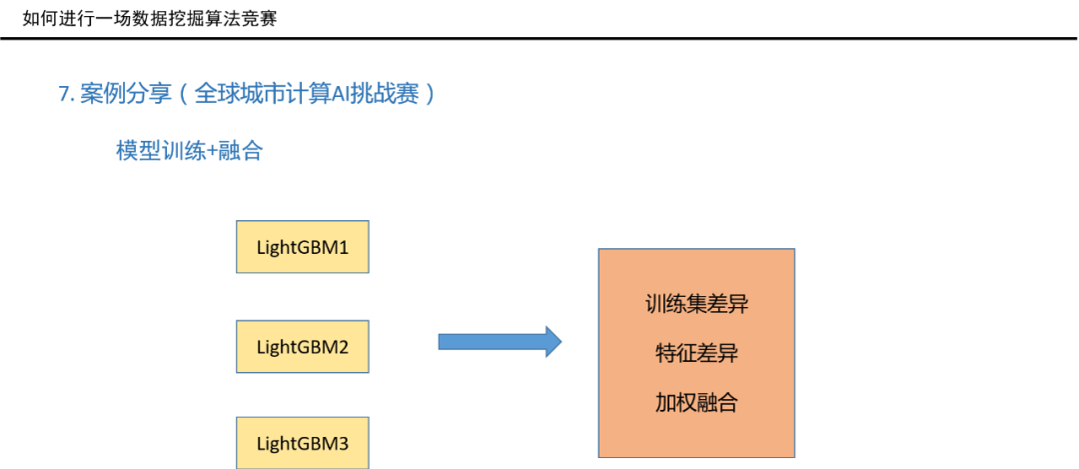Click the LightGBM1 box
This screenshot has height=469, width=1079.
tap(303, 247)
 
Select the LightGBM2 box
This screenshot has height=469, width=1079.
tap(303, 347)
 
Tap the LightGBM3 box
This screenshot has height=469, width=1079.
tap(303, 443)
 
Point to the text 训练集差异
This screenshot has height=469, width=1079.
tap(696, 304)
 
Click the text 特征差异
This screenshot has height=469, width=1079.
tap(696, 354)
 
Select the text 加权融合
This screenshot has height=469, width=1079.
tap(696, 403)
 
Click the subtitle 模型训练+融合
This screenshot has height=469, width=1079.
tap(189, 152)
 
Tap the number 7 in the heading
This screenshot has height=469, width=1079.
tap(63, 95)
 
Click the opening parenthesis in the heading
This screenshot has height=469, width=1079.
tap(184, 95)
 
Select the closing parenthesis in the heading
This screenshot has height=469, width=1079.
tap(430, 95)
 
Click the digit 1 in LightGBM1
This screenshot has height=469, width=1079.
tap(344, 247)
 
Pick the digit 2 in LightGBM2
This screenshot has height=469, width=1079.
tap(344, 347)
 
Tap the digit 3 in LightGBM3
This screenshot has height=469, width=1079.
tap(344, 443)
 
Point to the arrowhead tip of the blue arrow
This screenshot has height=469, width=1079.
tap(561, 342)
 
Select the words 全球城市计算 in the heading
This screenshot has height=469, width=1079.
tap(261, 95)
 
